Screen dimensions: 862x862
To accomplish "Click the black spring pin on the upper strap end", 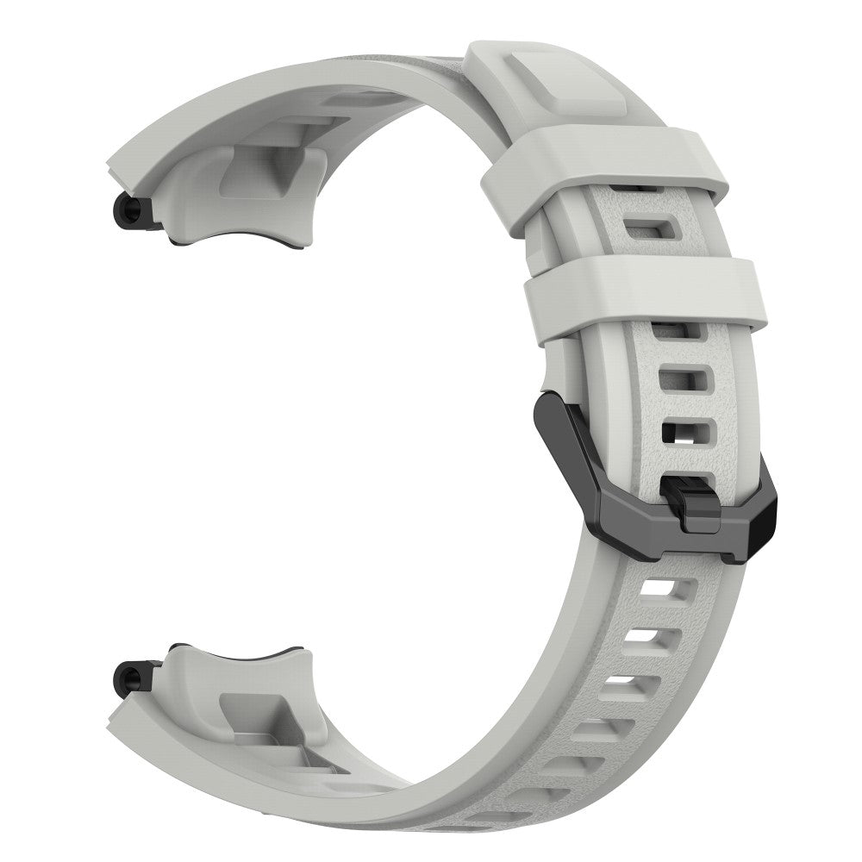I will point(129,210).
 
